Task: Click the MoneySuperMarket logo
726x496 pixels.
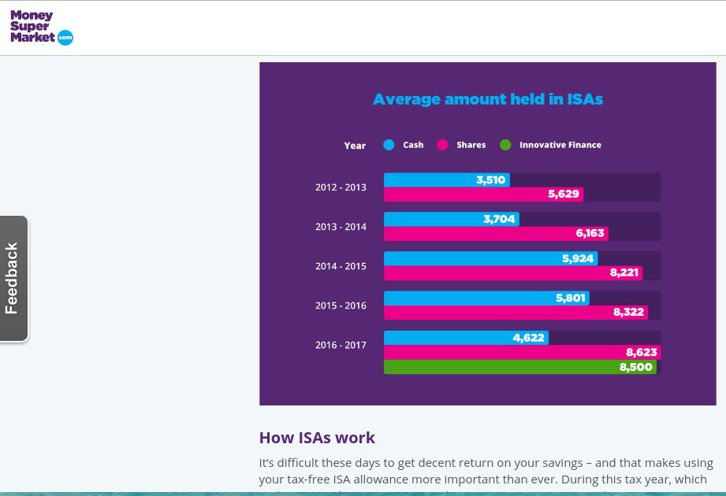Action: [41, 28]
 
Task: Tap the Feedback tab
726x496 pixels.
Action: [13, 279]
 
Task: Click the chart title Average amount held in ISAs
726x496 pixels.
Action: [487, 99]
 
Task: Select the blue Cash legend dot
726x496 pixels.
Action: [389, 145]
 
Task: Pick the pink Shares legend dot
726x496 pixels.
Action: [442, 145]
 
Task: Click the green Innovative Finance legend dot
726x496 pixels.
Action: [505, 145]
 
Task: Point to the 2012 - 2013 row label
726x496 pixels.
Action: [341, 187]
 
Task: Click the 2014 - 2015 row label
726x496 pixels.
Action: [341, 266]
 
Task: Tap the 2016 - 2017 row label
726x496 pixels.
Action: [341, 345]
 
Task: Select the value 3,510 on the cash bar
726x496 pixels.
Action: [490, 180]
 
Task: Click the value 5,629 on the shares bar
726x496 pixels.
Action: [564, 194]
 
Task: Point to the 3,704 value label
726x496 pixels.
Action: [499, 220]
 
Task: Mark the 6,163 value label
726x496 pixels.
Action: [590, 234]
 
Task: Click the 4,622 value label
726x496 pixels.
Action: [528, 338]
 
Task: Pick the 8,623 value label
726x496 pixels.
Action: [642, 353]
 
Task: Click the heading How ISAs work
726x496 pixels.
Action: [317, 438]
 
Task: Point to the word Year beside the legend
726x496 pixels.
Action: [355, 146]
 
